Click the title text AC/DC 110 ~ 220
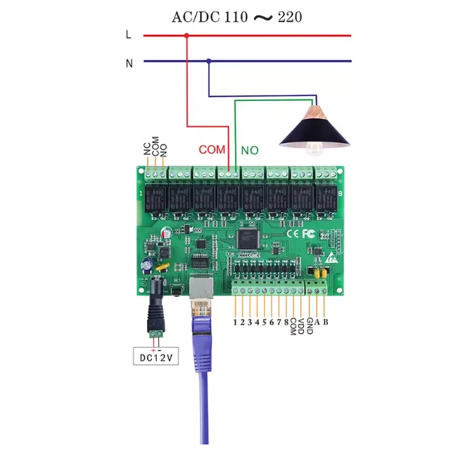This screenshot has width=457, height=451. [x=236, y=16]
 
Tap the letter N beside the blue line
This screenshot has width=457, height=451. [x=129, y=63]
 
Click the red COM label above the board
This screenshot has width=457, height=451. [x=212, y=150]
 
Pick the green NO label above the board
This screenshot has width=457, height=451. [x=250, y=150]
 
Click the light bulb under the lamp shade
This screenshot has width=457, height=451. [x=313, y=147]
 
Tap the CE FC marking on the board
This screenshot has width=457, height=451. [x=300, y=234]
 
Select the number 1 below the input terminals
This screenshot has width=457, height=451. [x=236, y=322]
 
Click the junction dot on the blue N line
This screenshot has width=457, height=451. [x=209, y=62]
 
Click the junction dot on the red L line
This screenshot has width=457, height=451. [x=187, y=35]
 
